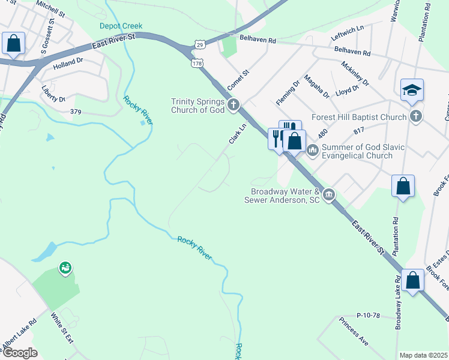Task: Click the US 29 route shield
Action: [199, 44]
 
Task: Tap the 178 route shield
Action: [197, 62]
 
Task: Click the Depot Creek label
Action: [121, 25]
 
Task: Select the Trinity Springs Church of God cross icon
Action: [233, 106]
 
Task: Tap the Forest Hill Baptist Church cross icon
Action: [415, 117]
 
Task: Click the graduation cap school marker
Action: [412, 90]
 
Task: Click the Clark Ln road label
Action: [238, 134]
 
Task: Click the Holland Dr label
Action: [68, 62]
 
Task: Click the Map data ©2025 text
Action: [423, 355]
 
